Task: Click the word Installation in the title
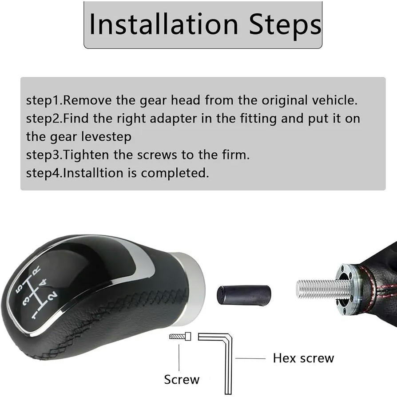point(164,24)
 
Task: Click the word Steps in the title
point(285,25)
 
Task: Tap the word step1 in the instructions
point(44,100)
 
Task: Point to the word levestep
point(106,137)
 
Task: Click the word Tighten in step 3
point(86,155)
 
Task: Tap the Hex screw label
point(303,358)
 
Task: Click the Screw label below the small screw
point(182,380)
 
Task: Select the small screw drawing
point(180,337)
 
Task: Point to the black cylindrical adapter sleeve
point(243,295)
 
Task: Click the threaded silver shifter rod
point(323,289)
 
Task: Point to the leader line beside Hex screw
point(250,358)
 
